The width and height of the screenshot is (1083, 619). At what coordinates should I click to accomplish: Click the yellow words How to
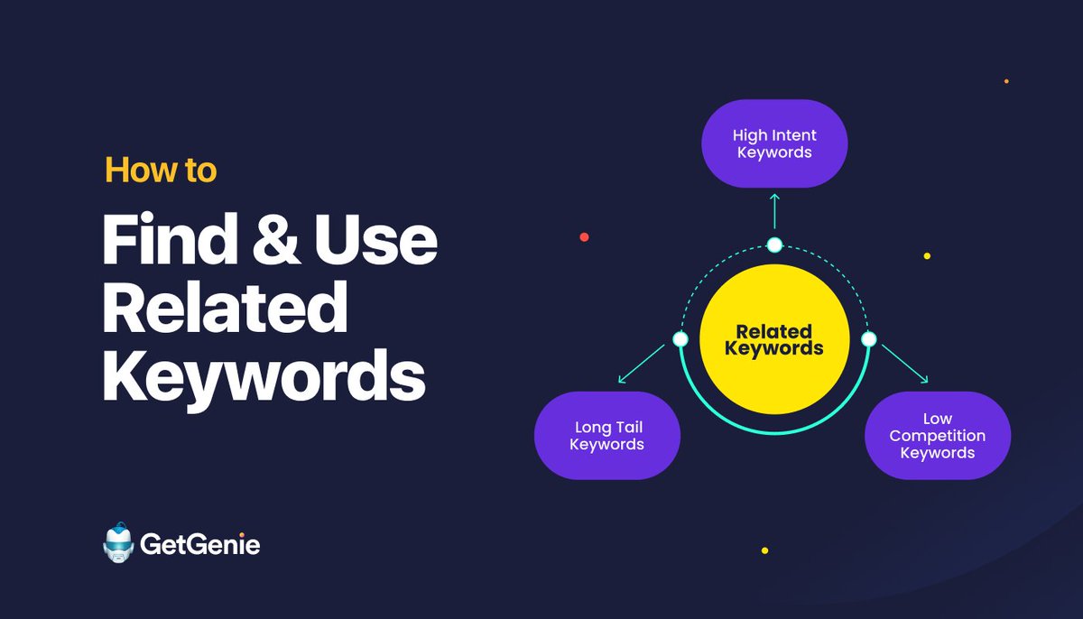pos(161,170)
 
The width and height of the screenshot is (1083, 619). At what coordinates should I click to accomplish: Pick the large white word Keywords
pos(263,376)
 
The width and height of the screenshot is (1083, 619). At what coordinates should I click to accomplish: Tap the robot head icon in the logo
pos(118,544)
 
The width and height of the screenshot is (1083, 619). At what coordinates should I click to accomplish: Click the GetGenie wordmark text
pos(199,545)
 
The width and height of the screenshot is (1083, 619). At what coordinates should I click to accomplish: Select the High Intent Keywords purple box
pos(774,144)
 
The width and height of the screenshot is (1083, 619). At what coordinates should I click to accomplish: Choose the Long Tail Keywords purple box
pos(607,436)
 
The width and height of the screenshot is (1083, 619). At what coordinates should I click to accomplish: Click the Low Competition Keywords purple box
pos(937,436)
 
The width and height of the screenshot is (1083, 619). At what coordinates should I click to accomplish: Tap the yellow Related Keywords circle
pos(774,339)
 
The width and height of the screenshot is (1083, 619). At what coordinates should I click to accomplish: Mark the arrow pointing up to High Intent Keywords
pos(774,210)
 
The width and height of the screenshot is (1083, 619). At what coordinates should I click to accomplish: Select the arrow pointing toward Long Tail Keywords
pos(643,365)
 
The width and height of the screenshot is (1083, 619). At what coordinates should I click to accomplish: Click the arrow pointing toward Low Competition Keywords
pos(904,365)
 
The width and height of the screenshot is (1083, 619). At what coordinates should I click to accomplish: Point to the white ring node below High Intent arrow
pos(774,245)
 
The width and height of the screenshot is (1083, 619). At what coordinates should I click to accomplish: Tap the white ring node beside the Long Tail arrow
pos(680,339)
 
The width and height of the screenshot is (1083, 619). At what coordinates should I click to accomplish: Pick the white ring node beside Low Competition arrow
pos(868,339)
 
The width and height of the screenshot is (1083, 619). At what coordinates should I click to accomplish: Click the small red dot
pos(584,237)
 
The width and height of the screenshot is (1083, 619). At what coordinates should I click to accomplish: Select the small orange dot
pos(1006,81)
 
